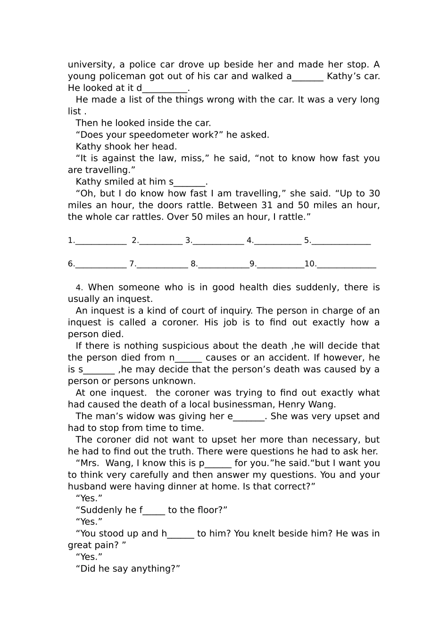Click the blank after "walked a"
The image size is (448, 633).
click(307, 76)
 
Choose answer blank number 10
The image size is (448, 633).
click(347, 264)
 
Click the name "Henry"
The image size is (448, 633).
click(292, 405)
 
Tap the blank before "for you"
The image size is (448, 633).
click(218, 463)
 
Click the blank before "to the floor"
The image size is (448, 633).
click(154, 510)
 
